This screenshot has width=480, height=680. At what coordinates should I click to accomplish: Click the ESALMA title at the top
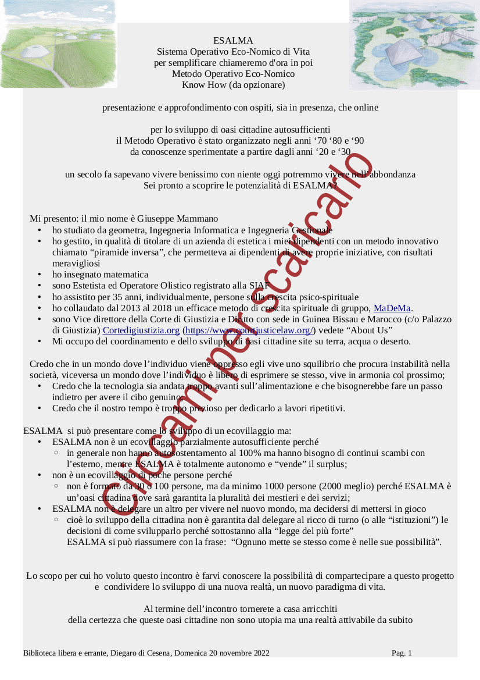pos(233,41)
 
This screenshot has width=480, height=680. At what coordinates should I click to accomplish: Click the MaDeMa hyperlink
pos(392,308)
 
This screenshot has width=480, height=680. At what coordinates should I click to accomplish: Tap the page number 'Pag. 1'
pos(402,653)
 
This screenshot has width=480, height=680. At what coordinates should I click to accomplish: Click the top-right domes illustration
pos(414,44)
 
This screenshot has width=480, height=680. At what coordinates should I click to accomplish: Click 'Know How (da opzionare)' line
pos(233,85)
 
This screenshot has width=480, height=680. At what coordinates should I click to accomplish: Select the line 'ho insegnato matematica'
pos(100,275)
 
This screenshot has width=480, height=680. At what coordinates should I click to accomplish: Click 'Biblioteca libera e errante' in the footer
pos(65,653)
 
